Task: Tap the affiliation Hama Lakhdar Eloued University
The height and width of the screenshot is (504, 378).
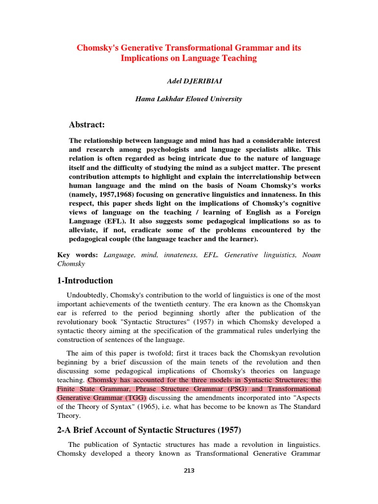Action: (x=189, y=99)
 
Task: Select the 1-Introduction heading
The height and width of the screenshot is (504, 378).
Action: (x=85, y=281)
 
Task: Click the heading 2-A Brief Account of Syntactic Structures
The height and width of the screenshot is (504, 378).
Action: (x=149, y=430)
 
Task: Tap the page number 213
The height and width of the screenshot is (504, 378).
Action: (x=189, y=471)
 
